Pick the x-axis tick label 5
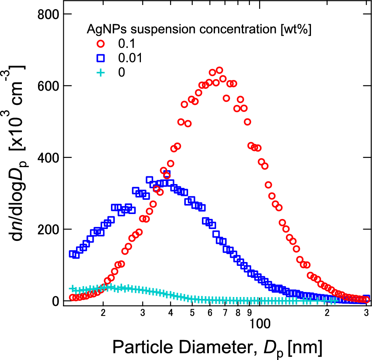pos(192,312)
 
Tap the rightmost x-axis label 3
pos(367,312)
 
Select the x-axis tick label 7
pos(225,312)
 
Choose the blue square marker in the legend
pos(101,58)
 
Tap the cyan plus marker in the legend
pos(101,72)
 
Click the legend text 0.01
pos(131,58)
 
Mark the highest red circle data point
pos(220,70)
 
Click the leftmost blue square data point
pos(72,254)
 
